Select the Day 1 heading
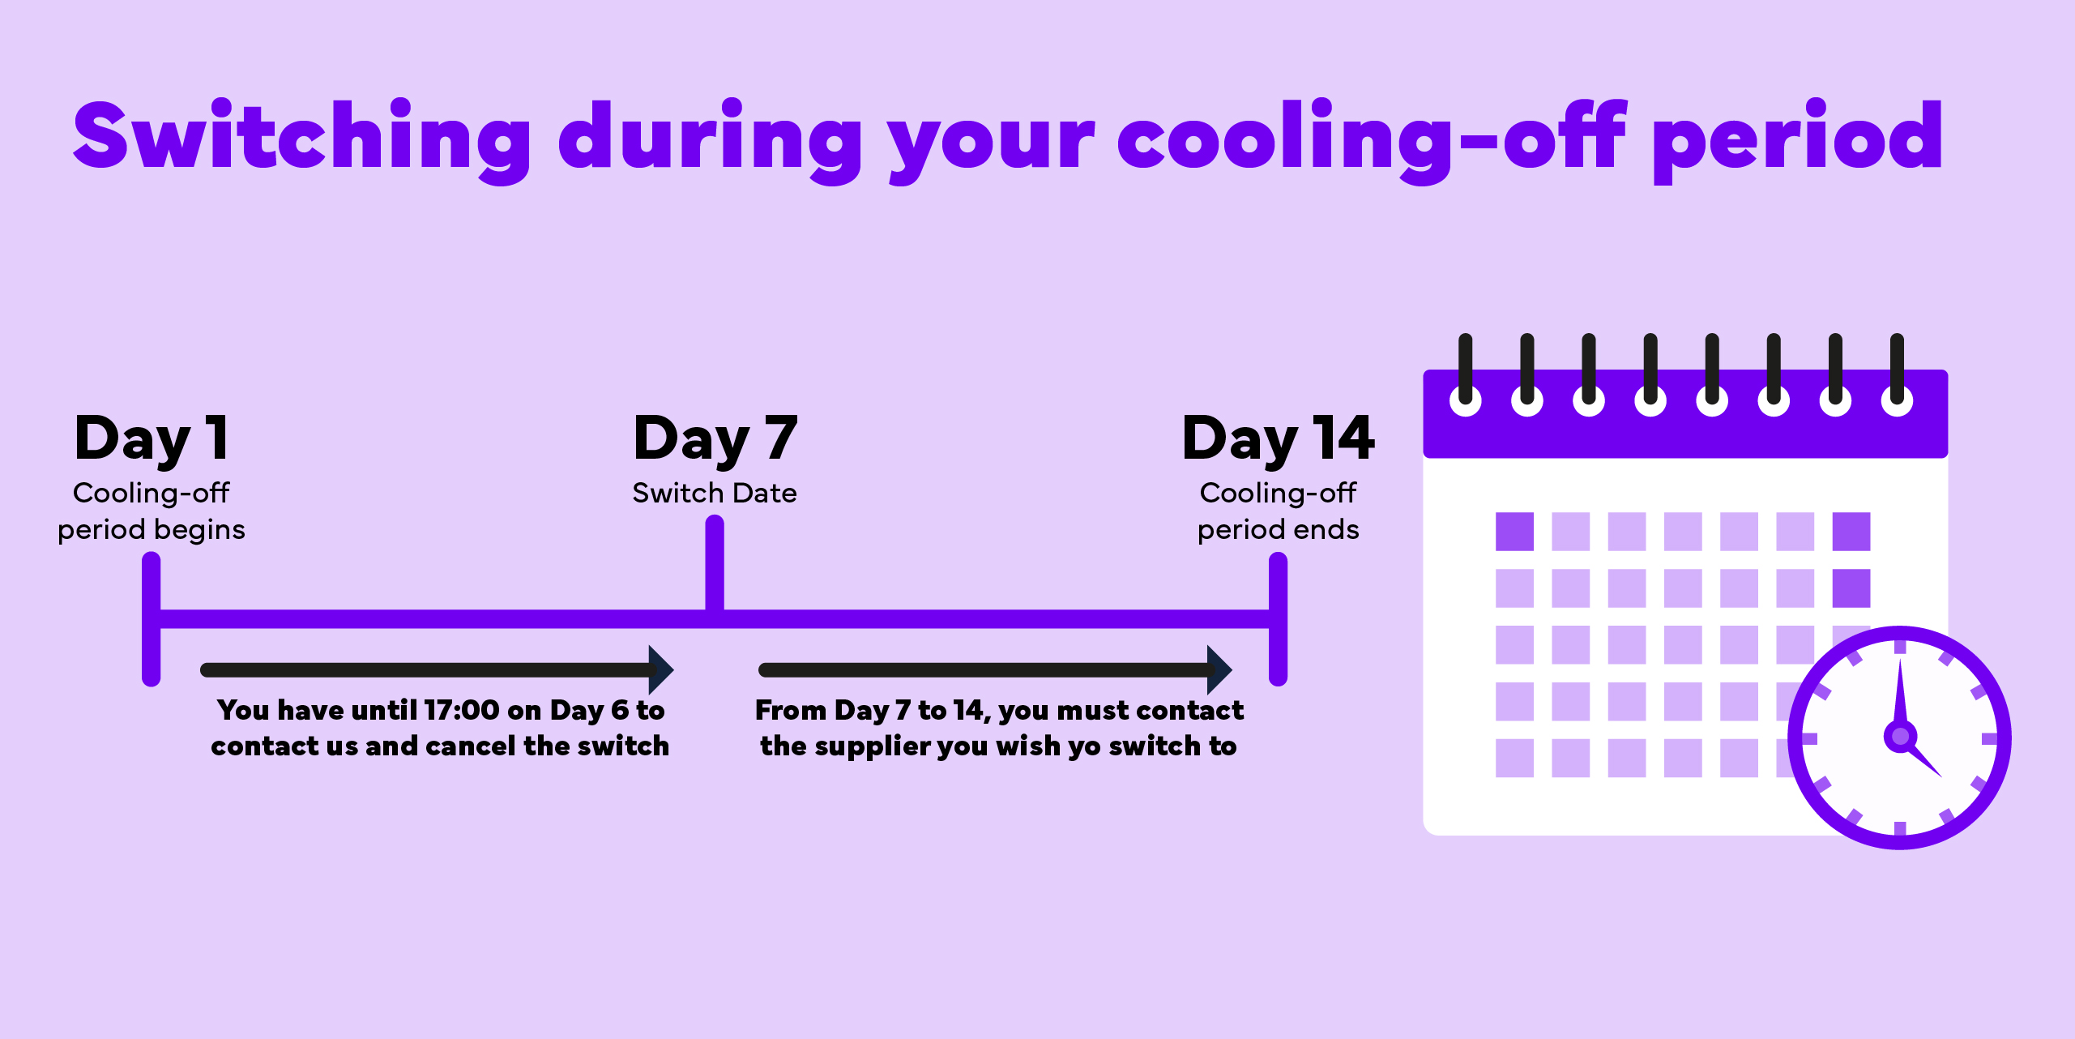coord(152,438)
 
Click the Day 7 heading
coord(715,438)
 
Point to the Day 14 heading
coord(1278,438)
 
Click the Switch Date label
coord(714,493)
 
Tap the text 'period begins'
coord(152,529)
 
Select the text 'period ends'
coord(1278,529)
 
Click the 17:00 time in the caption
coord(461,710)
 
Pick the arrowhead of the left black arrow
coord(661,669)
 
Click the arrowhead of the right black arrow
coord(1219,669)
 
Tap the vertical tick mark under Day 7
coord(715,563)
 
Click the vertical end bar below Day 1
coord(152,619)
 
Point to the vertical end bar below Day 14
coord(1278,619)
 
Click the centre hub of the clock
coord(1900,737)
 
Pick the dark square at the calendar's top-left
coord(1514,532)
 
